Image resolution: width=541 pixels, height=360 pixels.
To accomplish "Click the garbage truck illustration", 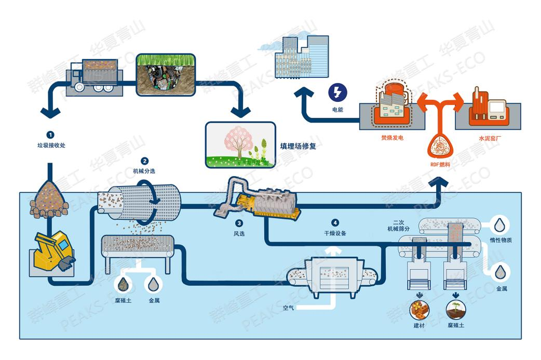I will [93, 76].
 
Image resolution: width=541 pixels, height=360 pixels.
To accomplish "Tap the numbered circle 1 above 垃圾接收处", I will [50, 135].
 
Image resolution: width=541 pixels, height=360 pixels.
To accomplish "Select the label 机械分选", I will [144, 170].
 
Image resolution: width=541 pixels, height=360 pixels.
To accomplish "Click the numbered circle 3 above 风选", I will [239, 224].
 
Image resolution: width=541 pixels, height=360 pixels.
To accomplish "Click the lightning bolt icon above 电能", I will [338, 94].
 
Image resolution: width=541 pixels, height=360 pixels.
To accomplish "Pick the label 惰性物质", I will [501, 239].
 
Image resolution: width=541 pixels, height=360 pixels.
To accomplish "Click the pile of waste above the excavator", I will [50, 201].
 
